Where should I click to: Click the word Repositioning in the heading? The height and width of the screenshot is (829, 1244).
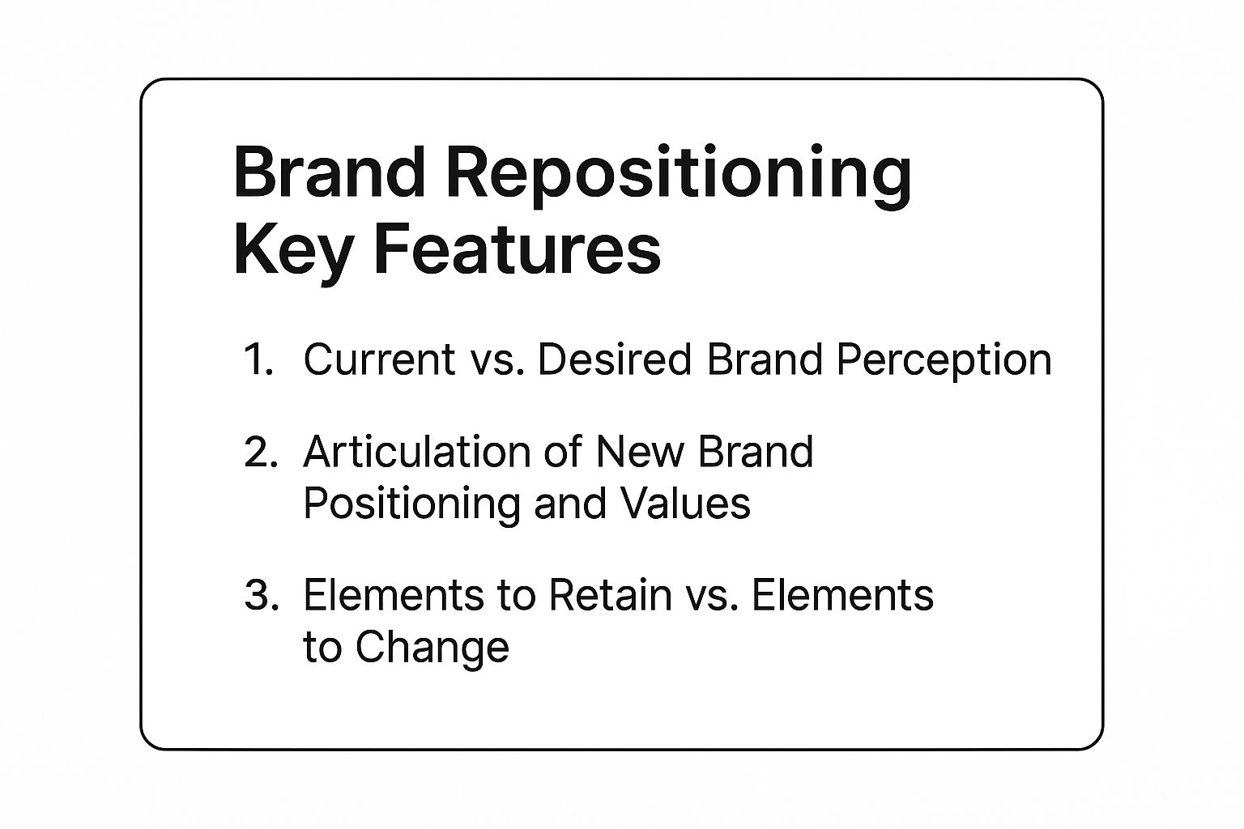tap(680, 176)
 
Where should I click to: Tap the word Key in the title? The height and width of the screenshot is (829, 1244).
tap(292, 252)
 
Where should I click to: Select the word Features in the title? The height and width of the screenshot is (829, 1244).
tap(518, 249)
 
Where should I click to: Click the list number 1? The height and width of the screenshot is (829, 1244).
tap(258, 359)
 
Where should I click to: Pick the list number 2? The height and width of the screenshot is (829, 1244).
tap(261, 452)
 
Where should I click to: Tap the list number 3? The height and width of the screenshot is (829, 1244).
tap(261, 595)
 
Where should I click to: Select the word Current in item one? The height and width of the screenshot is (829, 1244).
tap(379, 359)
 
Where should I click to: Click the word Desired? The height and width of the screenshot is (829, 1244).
tap(615, 359)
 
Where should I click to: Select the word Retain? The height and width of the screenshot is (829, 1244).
tap(611, 595)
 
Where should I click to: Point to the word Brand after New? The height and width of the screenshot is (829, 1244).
tap(756, 452)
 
